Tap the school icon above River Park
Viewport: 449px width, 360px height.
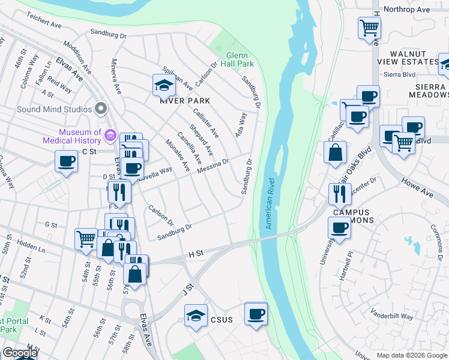[x=163, y=86]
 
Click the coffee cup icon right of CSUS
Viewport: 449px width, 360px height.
[x=256, y=314]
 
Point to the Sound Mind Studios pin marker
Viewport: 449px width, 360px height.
[x=100, y=109]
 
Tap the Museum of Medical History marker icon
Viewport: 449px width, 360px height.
[x=110, y=136]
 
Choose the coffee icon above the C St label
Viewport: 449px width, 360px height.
[x=66, y=161]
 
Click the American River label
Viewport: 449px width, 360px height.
[x=270, y=204]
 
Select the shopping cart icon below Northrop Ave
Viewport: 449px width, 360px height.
[x=369, y=28]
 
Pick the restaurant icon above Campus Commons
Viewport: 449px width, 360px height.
[x=340, y=194]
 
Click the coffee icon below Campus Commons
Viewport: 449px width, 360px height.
[x=339, y=229]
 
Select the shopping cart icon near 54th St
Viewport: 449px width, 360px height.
[x=86, y=239]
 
